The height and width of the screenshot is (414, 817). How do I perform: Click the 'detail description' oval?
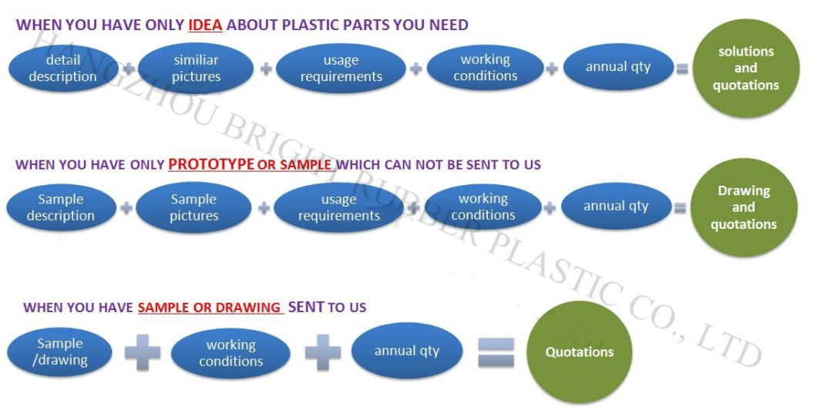click(62, 68)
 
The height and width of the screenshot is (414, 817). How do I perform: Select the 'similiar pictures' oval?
click(196, 68)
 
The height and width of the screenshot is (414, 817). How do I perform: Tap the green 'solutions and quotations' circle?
click(745, 69)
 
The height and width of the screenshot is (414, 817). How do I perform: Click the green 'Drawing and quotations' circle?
click(743, 207)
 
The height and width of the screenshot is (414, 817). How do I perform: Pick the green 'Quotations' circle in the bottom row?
click(579, 352)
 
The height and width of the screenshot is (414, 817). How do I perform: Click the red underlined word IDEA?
click(205, 25)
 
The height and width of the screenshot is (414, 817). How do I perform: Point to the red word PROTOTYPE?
click(210, 164)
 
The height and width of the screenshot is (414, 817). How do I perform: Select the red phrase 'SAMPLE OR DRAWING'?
click(209, 308)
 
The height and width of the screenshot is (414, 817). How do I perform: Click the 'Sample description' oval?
click(60, 207)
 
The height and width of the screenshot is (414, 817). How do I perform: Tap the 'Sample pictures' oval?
click(193, 207)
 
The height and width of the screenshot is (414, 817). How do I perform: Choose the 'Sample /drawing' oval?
click(60, 352)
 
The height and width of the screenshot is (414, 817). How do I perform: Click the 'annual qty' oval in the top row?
click(617, 67)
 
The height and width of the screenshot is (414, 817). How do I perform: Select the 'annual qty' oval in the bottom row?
click(407, 351)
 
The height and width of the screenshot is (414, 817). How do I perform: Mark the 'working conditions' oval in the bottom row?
click(230, 353)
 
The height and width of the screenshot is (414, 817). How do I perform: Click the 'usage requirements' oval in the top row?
click(341, 68)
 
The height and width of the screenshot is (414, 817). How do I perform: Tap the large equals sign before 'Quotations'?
click(496, 352)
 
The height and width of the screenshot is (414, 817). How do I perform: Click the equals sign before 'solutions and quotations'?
click(681, 69)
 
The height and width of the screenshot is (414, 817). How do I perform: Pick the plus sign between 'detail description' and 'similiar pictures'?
click(129, 69)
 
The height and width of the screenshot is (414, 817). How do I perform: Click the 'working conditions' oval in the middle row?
click(483, 207)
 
